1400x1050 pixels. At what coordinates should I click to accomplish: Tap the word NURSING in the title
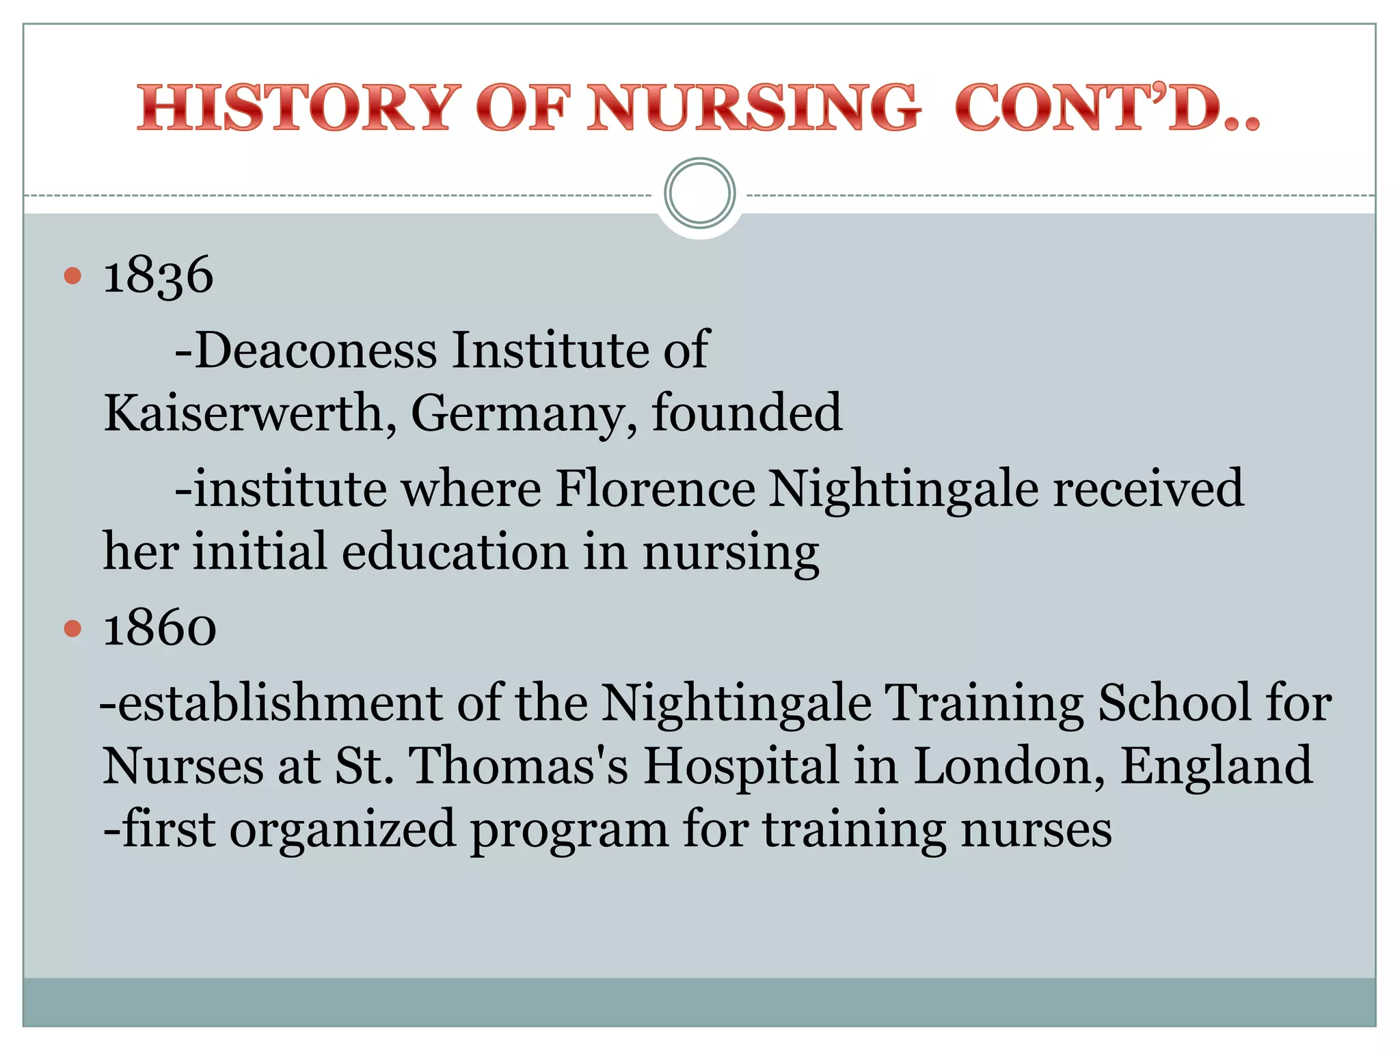coord(753,108)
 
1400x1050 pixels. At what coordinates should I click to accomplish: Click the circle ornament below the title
coord(699,193)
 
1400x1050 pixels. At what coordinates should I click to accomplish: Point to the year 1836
coord(158,275)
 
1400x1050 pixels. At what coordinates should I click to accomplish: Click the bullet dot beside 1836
coord(72,276)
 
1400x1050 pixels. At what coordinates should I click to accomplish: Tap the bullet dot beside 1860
coord(72,628)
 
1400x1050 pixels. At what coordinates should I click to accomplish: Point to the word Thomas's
coord(517,766)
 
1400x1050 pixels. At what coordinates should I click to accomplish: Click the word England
coord(1216,766)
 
